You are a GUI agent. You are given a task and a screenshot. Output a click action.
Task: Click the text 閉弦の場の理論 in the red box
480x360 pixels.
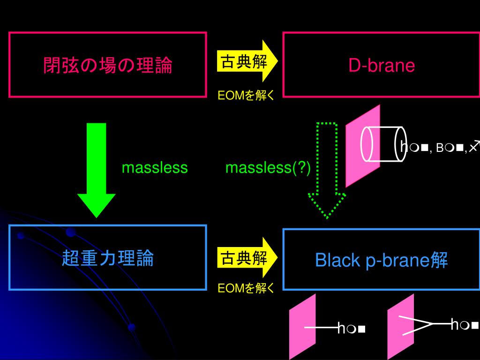tap(108, 65)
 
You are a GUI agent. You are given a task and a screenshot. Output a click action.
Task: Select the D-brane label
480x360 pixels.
tap(382, 66)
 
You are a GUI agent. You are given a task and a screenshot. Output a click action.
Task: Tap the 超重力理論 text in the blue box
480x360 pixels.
tap(108, 258)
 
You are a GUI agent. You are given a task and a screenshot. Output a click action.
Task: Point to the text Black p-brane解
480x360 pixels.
tap(382, 259)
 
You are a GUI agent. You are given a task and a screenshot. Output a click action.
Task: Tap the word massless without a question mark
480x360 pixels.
tap(155, 168)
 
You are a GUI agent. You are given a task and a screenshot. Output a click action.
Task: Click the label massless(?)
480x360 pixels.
tap(268, 168)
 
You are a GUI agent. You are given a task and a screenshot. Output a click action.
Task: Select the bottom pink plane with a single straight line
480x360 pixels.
tap(302, 326)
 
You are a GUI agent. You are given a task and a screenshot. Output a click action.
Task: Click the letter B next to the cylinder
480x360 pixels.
tap(439, 149)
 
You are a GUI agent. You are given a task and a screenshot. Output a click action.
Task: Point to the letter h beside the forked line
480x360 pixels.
tap(454, 324)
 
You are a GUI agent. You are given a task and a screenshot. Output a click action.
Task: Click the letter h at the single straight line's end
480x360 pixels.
tap(341, 329)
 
